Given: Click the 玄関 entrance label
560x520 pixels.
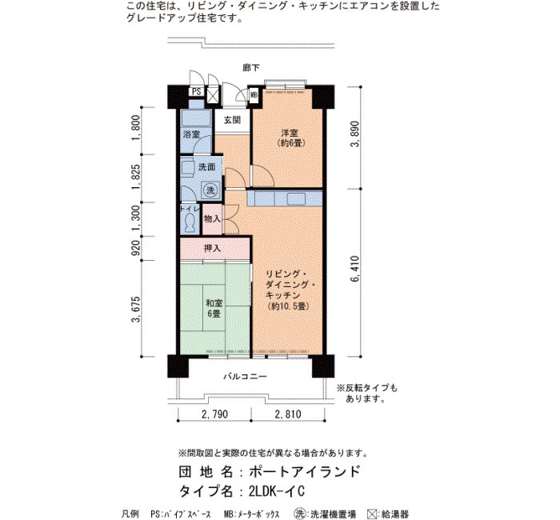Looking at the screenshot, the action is pyautogui.click(x=232, y=120).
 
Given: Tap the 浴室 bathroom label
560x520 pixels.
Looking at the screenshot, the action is pyautogui.click(x=191, y=135).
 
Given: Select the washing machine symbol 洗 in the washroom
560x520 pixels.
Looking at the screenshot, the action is pyautogui.click(x=210, y=190).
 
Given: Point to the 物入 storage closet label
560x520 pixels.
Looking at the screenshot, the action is pyautogui.click(x=212, y=219).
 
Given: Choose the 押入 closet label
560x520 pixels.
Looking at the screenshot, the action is pyautogui.click(x=212, y=248).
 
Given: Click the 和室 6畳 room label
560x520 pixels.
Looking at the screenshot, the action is pyautogui.click(x=214, y=309).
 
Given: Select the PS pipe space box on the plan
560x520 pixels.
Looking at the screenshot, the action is pyautogui.click(x=197, y=92).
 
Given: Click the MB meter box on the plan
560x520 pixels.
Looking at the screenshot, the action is pyautogui.click(x=254, y=95).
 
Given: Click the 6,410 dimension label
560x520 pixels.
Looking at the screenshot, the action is pyautogui.click(x=355, y=269).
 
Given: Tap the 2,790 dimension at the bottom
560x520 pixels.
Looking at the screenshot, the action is pyautogui.click(x=214, y=414).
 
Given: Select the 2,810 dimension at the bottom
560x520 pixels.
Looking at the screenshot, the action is pyautogui.click(x=288, y=414).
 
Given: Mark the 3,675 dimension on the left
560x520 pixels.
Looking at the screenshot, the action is pyautogui.click(x=136, y=310).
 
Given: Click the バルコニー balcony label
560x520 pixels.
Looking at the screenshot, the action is pyautogui.click(x=246, y=377).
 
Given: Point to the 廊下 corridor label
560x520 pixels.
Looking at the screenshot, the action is pyautogui.click(x=251, y=67).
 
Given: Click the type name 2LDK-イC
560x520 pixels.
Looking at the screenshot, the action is pyautogui.click(x=277, y=491).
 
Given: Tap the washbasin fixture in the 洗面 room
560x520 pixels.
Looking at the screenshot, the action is pyautogui.click(x=187, y=168).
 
